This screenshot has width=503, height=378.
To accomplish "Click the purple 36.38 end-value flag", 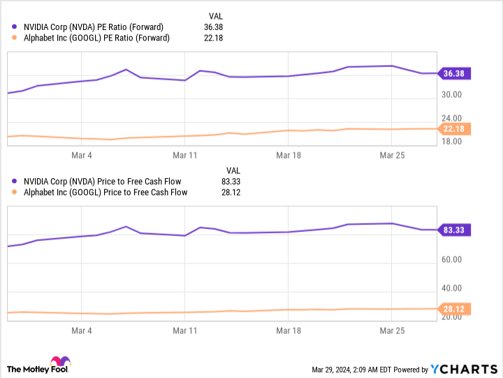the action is (x=454, y=73).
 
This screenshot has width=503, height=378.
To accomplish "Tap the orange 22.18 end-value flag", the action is (x=454, y=129).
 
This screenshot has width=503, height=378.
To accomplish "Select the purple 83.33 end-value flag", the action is (x=454, y=230).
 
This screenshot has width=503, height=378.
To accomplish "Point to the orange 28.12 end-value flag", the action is (x=454, y=309).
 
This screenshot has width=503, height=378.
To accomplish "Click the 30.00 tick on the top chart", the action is (x=452, y=94).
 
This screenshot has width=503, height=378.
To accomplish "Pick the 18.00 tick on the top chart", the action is (x=452, y=142).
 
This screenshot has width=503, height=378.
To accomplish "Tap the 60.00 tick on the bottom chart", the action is (x=452, y=259).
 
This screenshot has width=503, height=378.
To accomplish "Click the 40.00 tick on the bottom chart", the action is (x=452, y=288).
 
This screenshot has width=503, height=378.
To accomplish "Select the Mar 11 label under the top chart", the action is (x=184, y=155).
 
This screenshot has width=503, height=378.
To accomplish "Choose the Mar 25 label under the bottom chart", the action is (x=392, y=330).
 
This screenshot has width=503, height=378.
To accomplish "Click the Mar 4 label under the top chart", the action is (x=82, y=155).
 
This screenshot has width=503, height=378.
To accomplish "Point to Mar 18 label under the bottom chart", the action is (x=289, y=330).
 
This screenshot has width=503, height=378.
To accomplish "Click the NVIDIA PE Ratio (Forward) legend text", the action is (x=94, y=27).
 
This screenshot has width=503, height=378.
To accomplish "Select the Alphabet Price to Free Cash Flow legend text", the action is (x=105, y=193).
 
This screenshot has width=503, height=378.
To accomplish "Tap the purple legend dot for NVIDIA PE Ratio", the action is (x=14, y=27).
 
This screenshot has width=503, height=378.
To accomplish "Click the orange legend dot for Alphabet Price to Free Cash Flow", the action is (x=14, y=192).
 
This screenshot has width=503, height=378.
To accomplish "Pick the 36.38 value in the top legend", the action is (x=213, y=27).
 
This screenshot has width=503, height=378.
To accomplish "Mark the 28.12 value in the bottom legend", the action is (x=231, y=193).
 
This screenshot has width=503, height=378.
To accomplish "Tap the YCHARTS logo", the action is (x=464, y=370).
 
